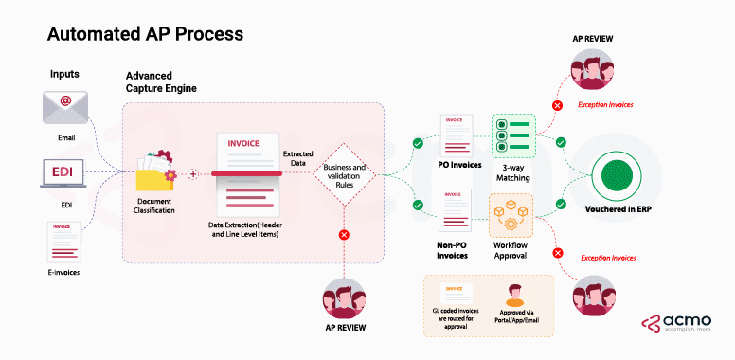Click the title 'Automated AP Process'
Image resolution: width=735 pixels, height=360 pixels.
pyautogui.click(x=145, y=33)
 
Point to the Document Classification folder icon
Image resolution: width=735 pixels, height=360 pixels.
pyautogui.click(x=155, y=172)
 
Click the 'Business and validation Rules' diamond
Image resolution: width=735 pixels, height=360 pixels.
pyautogui.click(x=344, y=173)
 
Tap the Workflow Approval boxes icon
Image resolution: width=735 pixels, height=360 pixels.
pyautogui.click(x=512, y=215)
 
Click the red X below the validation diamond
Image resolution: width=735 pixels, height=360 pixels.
pyautogui.click(x=344, y=233)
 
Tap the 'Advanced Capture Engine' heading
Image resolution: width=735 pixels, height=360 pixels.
pyautogui.click(x=168, y=82)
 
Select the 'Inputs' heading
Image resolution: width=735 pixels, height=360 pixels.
pyautogui.click(x=65, y=74)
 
